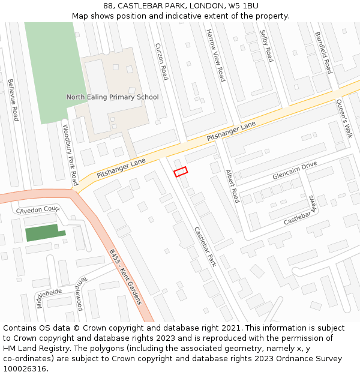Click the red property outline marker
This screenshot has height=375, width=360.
(x=181, y=172)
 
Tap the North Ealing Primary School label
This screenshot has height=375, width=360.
(x=112, y=97)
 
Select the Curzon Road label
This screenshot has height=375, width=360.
(x=161, y=61)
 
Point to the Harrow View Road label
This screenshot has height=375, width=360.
(x=215, y=55)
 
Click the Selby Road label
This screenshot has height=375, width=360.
(x=266, y=46)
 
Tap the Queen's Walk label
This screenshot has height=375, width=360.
(x=344, y=119)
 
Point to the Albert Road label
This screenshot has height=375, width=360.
(x=232, y=187)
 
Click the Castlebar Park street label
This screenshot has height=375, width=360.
(x=205, y=246)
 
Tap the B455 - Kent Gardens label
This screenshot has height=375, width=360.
(x=125, y=277)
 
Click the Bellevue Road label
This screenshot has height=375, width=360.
(x=13, y=100)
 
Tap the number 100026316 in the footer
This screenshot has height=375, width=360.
(x=25, y=368)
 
